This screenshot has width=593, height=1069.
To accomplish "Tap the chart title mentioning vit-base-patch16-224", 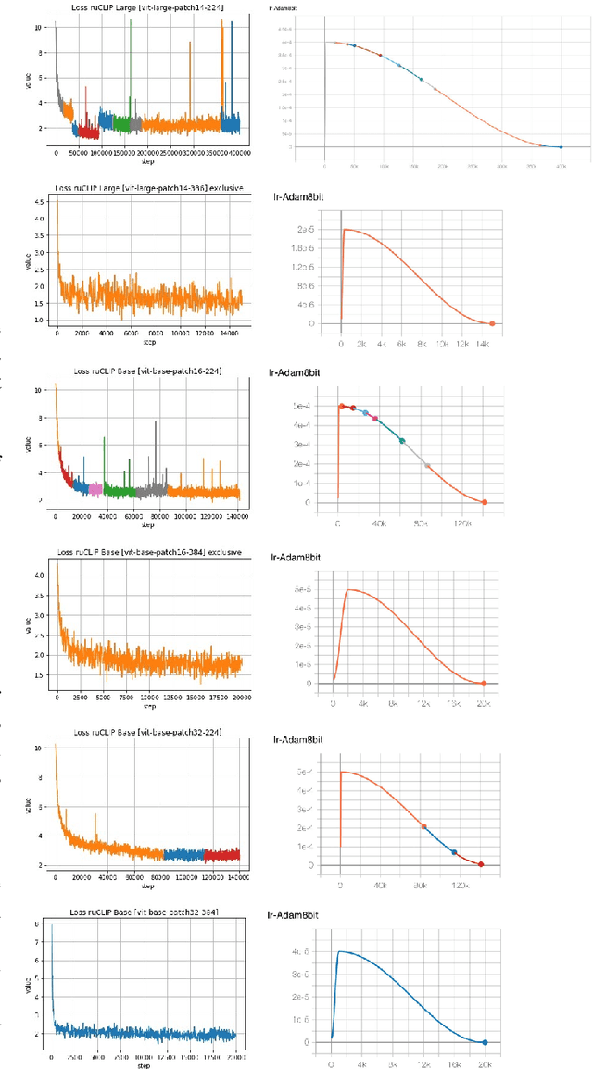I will click(x=148, y=371).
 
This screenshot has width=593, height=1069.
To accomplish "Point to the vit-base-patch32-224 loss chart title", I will click(x=148, y=736).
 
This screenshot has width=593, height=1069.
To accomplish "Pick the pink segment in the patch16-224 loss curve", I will click(x=95, y=487).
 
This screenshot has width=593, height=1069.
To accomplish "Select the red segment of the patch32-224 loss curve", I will click(x=222, y=855).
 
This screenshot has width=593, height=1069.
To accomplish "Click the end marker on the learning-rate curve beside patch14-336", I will click(x=492, y=324).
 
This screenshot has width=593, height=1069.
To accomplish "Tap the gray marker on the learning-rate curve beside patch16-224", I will click(x=427, y=465).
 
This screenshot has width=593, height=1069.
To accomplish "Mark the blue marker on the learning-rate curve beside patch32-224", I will click(x=454, y=852).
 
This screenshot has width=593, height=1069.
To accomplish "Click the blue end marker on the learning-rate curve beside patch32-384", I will click(x=485, y=1042).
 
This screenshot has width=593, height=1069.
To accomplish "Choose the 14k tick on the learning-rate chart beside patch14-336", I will click(x=483, y=342).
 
